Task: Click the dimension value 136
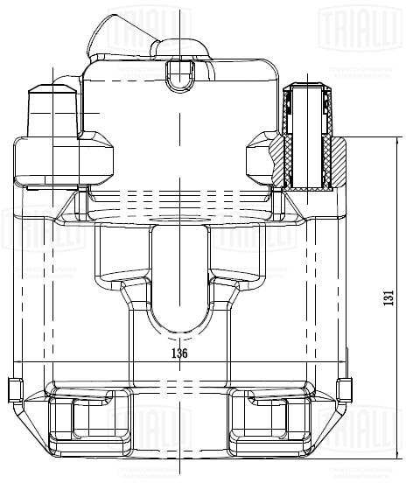pos(178,353)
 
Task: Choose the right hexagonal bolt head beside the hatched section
pos(258,158)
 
